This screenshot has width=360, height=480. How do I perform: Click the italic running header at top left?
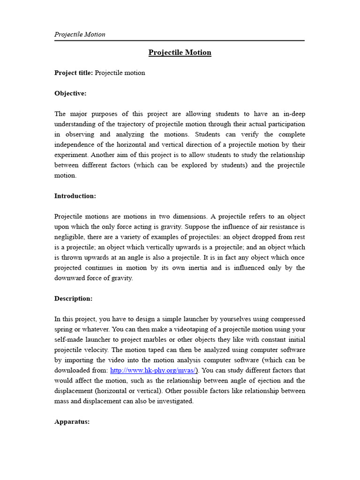click(80, 34)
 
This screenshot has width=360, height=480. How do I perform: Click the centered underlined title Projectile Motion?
click(180, 52)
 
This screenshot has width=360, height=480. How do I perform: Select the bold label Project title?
click(74, 73)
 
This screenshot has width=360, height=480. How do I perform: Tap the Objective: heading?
click(70, 93)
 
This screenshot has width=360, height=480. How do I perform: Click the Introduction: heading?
click(75, 196)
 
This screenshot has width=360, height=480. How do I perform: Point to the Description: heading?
click(73, 299)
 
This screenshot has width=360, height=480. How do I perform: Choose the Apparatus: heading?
click(72, 422)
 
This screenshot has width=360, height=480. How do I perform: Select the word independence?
click(76, 145)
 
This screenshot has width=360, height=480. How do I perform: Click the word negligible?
click(69, 237)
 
